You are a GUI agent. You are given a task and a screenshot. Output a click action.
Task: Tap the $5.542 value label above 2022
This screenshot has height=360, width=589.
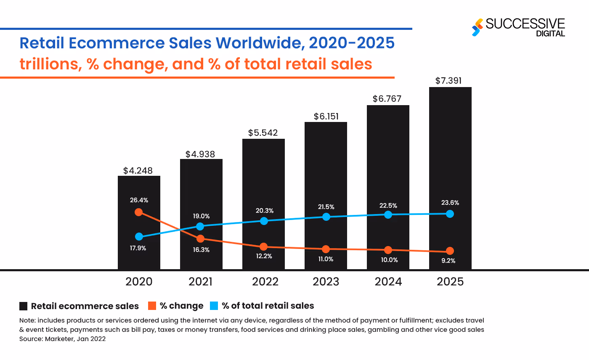point(263,133)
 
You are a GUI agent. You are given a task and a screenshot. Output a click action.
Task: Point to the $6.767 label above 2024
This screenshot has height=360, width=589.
point(387,99)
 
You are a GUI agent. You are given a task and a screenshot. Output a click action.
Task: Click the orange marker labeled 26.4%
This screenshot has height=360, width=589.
point(138,212)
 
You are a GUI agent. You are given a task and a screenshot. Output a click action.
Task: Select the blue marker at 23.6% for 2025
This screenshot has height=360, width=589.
point(450,214)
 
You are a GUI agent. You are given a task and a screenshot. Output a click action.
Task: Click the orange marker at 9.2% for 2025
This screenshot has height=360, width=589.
point(450,251)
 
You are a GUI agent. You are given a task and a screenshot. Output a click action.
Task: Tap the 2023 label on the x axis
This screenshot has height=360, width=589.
point(326,281)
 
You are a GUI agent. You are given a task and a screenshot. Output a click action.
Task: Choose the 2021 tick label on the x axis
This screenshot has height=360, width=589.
point(201,281)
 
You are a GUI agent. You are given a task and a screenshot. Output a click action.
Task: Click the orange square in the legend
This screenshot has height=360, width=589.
point(152,306)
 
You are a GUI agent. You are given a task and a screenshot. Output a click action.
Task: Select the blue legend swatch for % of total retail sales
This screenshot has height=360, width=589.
point(214,306)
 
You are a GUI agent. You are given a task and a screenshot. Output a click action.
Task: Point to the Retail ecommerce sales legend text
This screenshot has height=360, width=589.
point(85,306)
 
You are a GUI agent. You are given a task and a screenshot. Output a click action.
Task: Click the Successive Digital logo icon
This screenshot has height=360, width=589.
point(477,27)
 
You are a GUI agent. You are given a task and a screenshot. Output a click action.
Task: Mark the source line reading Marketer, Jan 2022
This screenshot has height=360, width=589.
point(62,339)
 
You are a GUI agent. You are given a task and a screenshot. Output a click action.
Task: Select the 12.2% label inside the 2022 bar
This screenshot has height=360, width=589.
point(263,256)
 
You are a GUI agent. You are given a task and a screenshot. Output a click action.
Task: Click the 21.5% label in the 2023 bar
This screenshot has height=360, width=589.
point(326,207)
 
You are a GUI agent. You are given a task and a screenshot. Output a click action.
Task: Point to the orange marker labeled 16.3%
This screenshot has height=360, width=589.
point(201,238)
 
